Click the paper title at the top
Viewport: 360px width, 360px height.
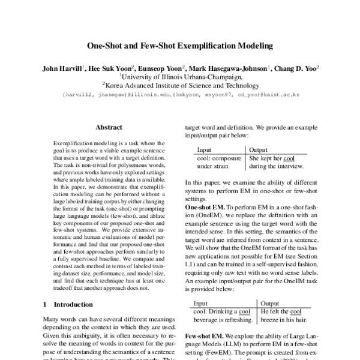pos(180,45)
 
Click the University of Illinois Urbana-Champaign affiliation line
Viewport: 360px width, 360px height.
pos(180,77)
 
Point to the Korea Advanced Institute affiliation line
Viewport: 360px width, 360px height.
pos(180,86)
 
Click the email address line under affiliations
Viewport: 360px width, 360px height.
pos(180,95)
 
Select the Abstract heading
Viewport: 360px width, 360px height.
pos(109,127)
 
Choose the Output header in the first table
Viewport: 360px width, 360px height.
pos(259,149)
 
